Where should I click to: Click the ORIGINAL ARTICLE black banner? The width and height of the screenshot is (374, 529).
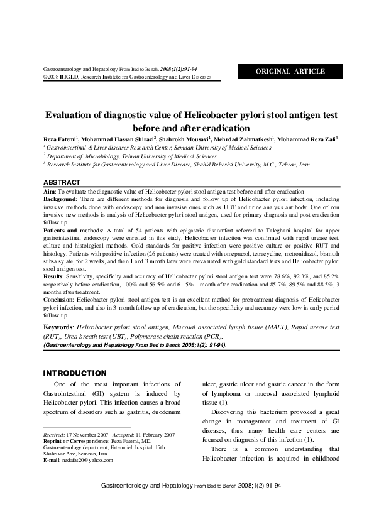pos(290,71)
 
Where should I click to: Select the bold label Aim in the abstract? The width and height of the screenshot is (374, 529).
pos(48,190)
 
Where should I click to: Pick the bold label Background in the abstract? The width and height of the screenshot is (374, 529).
pos(61,199)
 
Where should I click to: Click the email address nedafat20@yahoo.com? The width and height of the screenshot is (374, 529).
pos(87,460)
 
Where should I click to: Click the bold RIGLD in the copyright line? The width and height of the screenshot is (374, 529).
pos(68,77)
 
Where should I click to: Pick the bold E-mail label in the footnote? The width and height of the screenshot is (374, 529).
pos(53,460)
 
